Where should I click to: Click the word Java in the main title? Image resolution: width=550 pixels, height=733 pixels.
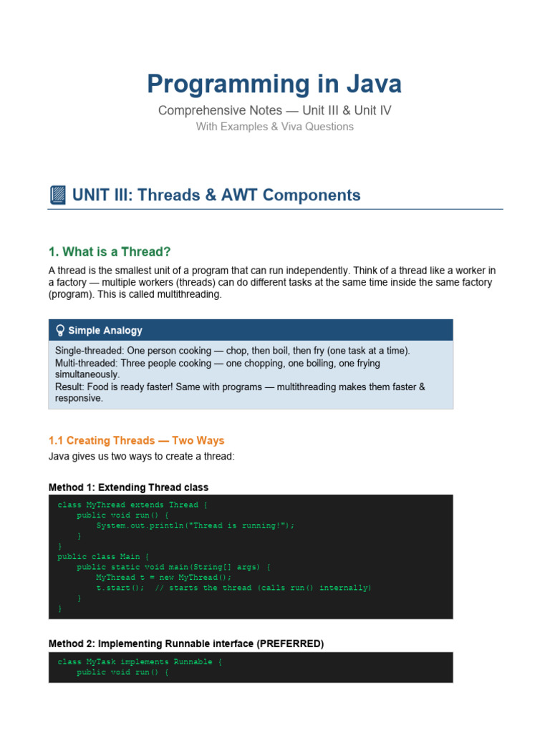[374, 84]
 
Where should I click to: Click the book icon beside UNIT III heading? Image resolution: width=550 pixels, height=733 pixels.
[57, 195]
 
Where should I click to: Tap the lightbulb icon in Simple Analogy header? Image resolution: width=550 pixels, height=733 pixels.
[60, 331]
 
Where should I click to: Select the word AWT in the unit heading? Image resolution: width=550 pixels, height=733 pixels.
[238, 195]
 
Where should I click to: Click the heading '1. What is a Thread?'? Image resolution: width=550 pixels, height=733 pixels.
[110, 252]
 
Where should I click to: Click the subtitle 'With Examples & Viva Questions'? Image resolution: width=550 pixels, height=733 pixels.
[274, 127]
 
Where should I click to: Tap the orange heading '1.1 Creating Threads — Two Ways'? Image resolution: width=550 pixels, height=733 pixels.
[136, 440]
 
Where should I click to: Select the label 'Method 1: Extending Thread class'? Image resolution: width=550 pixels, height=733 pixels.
[129, 487]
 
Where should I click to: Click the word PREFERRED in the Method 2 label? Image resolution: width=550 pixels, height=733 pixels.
[290, 644]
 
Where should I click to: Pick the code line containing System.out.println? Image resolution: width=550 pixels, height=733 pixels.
[195, 525]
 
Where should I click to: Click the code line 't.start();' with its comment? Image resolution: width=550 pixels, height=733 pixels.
[233, 588]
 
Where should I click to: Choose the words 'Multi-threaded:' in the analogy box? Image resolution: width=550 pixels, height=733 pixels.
[87, 363]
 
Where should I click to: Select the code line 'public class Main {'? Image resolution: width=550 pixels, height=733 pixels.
[103, 557]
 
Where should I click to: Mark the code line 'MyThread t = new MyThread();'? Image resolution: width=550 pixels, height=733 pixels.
[164, 578]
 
